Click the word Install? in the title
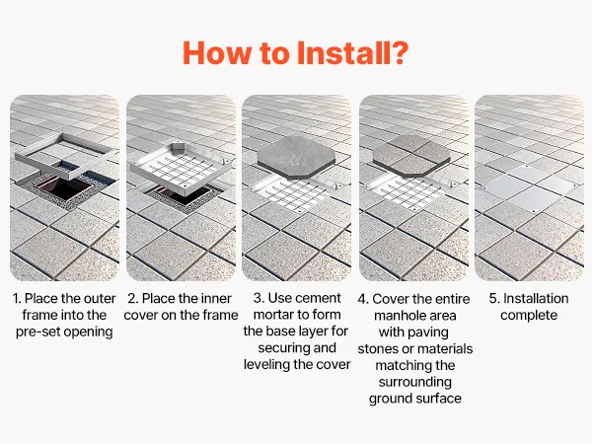point(352,53)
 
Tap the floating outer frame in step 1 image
point(23,156)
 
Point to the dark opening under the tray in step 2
point(178,197)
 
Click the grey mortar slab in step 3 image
point(297,158)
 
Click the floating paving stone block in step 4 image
point(411,156)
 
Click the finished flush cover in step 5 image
point(532,188)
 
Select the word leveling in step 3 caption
point(266,365)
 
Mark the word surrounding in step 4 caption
point(415,382)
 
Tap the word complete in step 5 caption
point(529,316)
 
